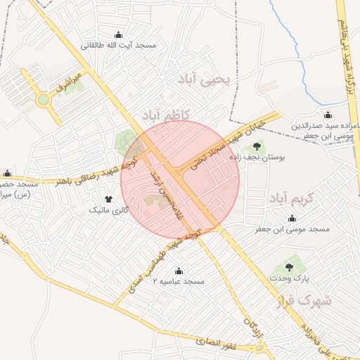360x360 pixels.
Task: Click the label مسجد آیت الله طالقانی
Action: (119, 46)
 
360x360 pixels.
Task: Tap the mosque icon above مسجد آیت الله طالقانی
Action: (119, 35)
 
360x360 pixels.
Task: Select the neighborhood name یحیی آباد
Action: (205, 79)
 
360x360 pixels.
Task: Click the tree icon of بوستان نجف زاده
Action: (257, 147)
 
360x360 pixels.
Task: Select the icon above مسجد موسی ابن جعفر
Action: (292, 219)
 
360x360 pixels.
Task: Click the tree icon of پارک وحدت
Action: (289, 267)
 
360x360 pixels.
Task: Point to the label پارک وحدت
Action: (288, 279)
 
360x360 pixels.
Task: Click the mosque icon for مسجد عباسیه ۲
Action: (179, 271)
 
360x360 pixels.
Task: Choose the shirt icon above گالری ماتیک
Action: (108, 200)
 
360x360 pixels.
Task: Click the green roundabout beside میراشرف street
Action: (44, 100)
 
